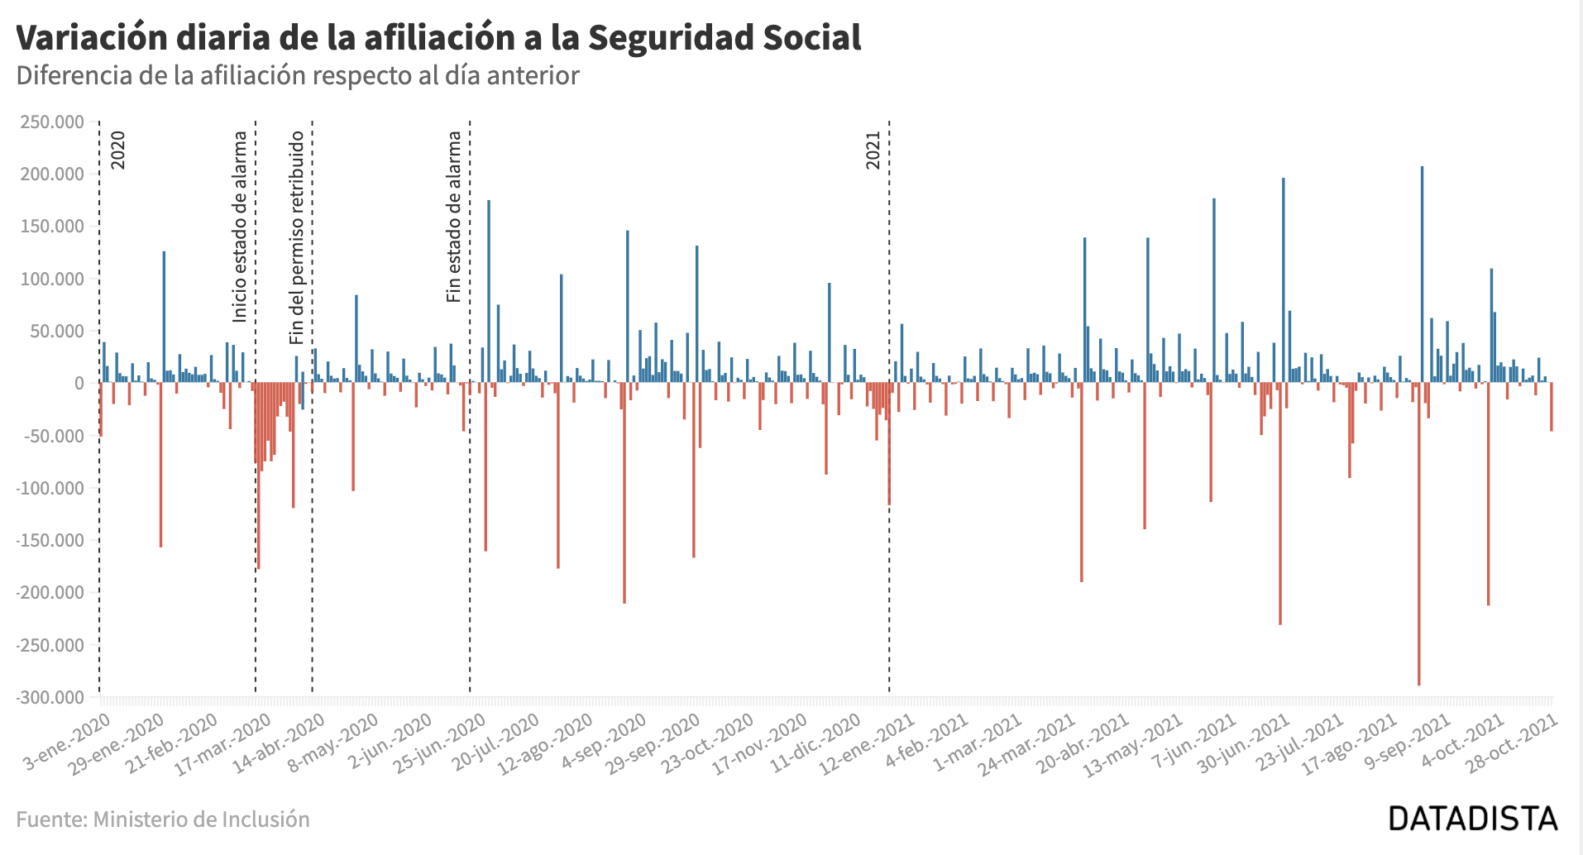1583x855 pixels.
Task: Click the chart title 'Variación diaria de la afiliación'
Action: pyautogui.click(x=438, y=38)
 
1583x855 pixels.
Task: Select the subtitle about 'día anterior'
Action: pyautogui.click(x=298, y=75)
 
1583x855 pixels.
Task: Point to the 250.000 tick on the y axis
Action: pyautogui.click(x=52, y=122)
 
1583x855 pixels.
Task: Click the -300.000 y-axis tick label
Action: pyautogui.click(x=50, y=697)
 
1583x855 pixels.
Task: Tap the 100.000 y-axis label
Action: pyautogui.click(x=52, y=279)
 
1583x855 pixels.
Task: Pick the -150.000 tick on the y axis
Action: pyautogui.click(x=50, y=540)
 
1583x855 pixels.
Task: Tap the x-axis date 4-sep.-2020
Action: pyautogui.click(x=604, y=743)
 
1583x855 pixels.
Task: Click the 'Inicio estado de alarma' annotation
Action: pyautogui.click(x=240, y=227)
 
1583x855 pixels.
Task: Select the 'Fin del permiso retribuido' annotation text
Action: pyautogui.click(x=297, y=237)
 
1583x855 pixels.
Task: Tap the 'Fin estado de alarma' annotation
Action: pyautogui.click(x=454, y=217)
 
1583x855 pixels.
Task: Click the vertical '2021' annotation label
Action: pyautogui.click(x=873, y=150)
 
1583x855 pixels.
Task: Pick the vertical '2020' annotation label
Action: pyautogui.click(x=118, y=150)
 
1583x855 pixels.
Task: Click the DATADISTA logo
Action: pyautogui.click(x=1472, y=819)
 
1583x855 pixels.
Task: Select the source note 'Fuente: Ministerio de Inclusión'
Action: pyautogui.click(x=163, y=819)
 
